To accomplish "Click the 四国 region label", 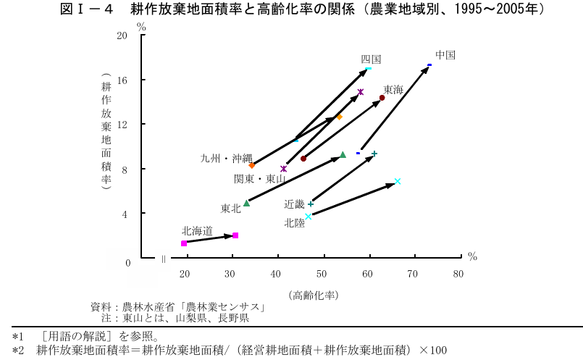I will [x=371, y=59].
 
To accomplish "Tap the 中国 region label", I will [x=445, y=54].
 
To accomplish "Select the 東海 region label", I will [x=393, y=89].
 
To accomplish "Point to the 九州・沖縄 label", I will [x=226, y=158].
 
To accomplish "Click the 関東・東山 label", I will [x=259, y=178].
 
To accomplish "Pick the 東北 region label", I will [x=231, y=209].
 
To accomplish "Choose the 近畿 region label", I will [x=295, y=204].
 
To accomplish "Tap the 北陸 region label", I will [x=295, y=223].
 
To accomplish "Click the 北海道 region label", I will [x=197, y=231].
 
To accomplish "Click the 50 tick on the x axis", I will [x=321, y=274].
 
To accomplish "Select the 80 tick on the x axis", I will [x=458, y=274].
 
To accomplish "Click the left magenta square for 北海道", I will [x=184, y=243].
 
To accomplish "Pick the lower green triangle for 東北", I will [x=246, y=203].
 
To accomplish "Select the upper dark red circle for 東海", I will [x=382, y=98].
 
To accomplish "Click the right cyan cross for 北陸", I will [x=398, y=181].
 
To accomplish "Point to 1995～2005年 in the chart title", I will [x=490, y=9].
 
